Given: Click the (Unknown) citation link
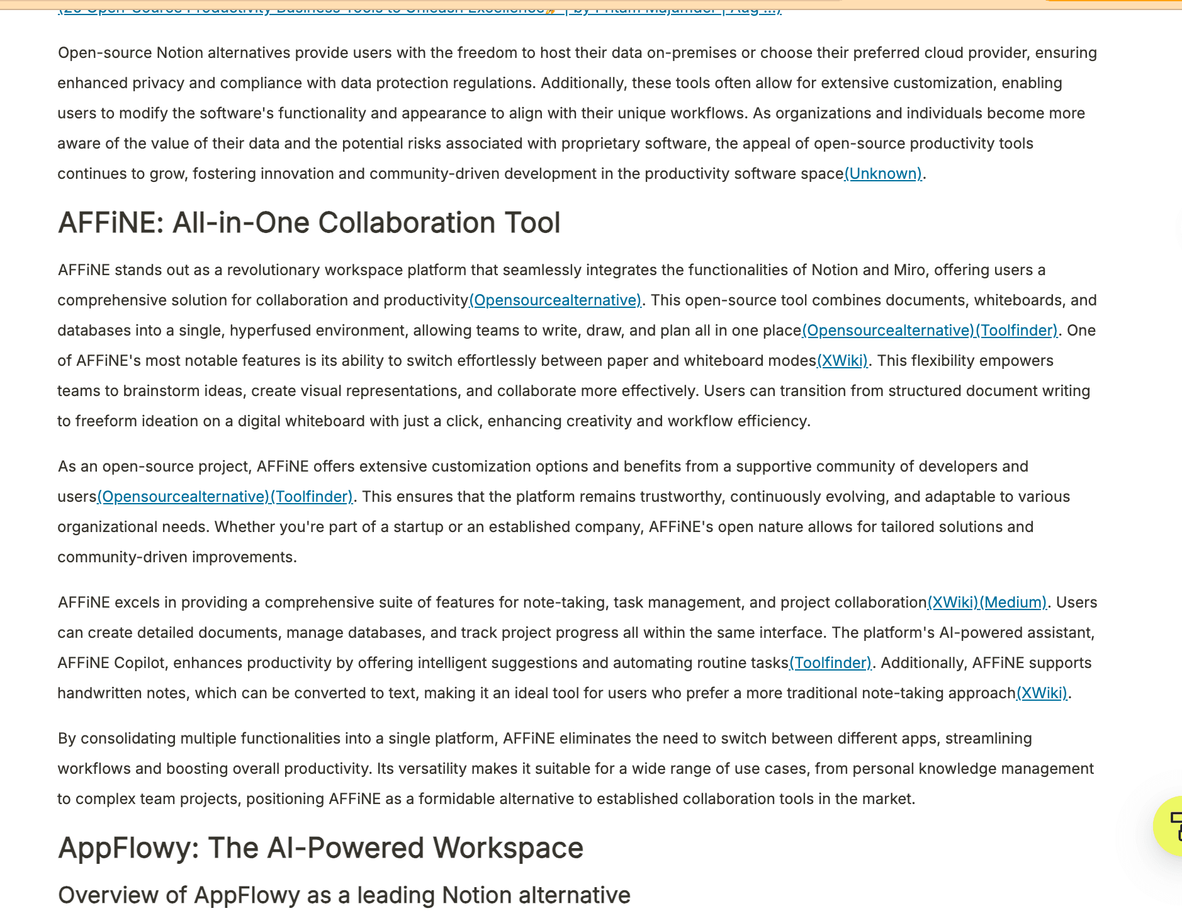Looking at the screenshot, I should tap(883, 174).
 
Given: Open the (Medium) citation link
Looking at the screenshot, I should tap(1013, 603).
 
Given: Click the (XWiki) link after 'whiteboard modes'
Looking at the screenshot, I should tap(842, 361).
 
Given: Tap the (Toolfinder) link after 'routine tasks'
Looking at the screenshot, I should tap(830, 663).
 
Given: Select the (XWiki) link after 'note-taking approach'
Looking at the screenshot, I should tap(1042, 693).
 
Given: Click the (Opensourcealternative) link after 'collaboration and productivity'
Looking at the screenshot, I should tap(555, 300).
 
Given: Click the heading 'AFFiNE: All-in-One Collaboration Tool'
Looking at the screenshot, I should tap(309, 223).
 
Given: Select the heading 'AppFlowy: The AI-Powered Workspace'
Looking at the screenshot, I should tap(320, 847).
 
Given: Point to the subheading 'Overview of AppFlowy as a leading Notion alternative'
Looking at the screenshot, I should tap(344, 895).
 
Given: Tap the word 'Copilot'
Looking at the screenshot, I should tap(138, 663).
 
